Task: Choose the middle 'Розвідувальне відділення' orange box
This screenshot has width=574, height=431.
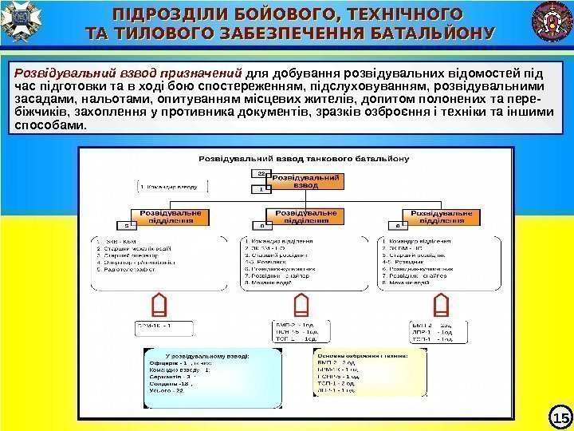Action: pos(305,217)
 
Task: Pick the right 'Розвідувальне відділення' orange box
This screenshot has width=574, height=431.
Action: pos(441,217)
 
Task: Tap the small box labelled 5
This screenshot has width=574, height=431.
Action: pos(125,226)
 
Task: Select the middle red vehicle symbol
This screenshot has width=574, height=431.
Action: pos(301,305)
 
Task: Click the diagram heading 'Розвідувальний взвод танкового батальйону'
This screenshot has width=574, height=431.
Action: pos(304,158)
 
